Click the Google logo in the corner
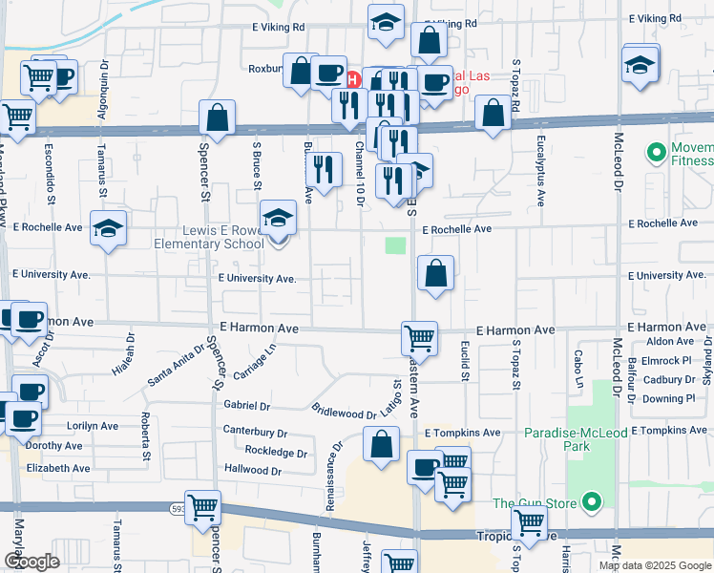tap(31, 562)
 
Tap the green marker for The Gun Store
tap(591, 502)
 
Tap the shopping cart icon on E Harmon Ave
tap(419, 337)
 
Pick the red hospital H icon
tap(352, 79)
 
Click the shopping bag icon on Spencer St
tap(218, 118)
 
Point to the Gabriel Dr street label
tap(247, 406)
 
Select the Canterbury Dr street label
tap(255, 432)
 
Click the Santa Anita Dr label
tap(176, 367)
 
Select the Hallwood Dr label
tap(252, 470)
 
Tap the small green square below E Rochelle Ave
tap(395, 246)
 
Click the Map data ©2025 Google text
tap(655, 565)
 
